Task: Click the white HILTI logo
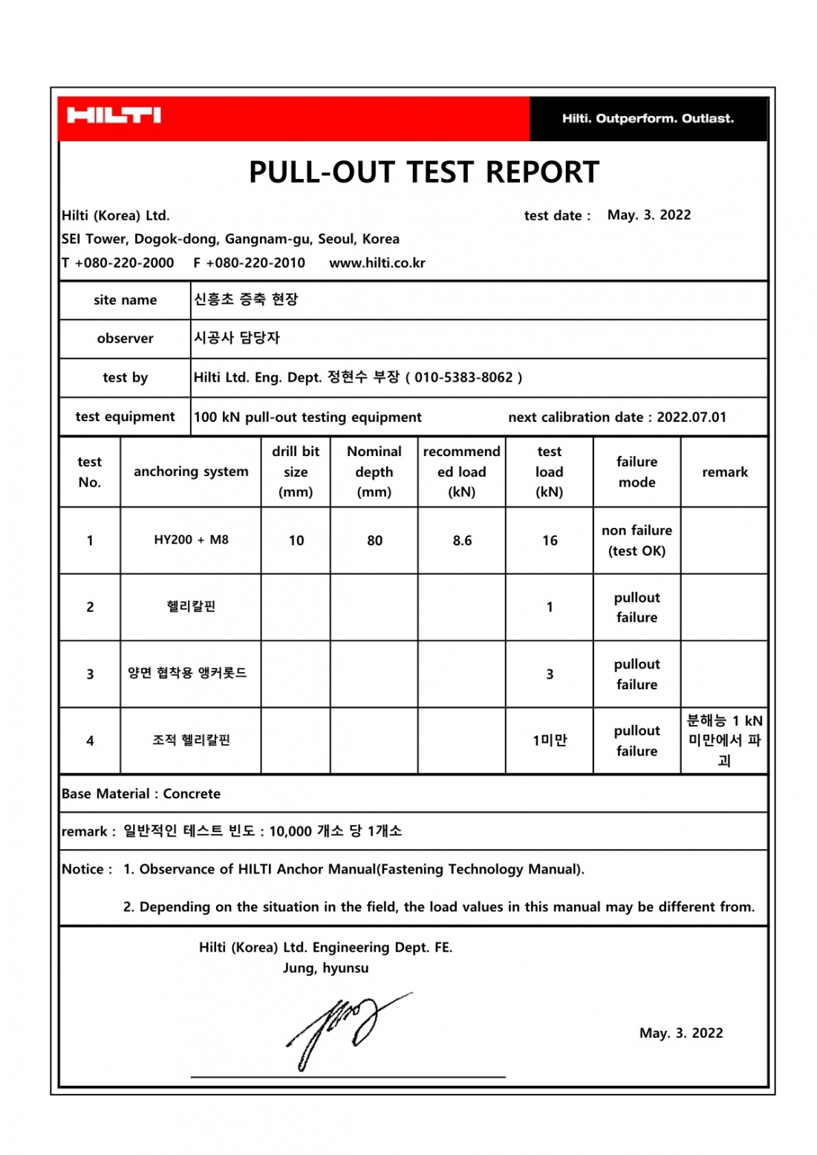tap(114, 115)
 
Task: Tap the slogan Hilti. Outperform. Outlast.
tap(648, 118)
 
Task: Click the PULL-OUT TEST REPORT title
tap(423, 172)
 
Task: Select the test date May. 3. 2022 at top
tap(648, 215)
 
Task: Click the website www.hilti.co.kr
tap(377, 263)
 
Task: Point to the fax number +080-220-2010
tap(255, 263)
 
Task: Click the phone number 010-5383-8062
tap(463, 377)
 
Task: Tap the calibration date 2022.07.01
tap(691, 417)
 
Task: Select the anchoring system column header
tap(191, 472)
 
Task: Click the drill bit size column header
tap(296, 472)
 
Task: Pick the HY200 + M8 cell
tap(191, 540)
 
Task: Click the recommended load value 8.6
tap(462, 541)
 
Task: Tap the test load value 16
tap(550, 541)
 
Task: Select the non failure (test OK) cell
tap(637, 541)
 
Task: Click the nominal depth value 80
tap(374, 541)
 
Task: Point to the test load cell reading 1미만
tap(550, 741)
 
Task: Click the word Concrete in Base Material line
tap(192, 794)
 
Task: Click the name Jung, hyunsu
tap(325, 968)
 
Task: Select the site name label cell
tap(125, 300)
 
